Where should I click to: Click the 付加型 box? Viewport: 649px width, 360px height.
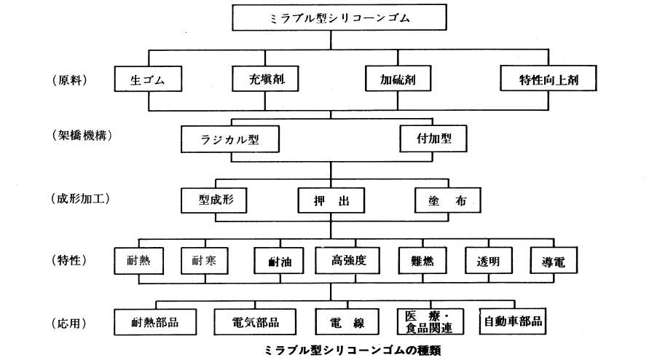[x=430, y=137]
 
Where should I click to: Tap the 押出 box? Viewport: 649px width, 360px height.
[x=330, y=200]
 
